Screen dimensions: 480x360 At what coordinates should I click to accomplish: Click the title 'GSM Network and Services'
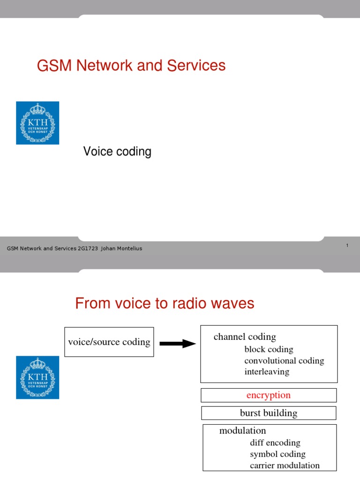click(131, 66)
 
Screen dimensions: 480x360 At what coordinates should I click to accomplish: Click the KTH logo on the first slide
click(37, 123)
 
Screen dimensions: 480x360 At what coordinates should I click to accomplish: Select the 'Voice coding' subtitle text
click(117, 152)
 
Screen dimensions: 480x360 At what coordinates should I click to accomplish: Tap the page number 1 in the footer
click(347, 246)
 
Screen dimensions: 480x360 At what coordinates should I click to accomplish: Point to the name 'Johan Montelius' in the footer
click(121, 248)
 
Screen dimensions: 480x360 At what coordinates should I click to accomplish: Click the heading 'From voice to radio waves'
click(165, 304)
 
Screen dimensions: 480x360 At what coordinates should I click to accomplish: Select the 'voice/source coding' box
click(109, 342)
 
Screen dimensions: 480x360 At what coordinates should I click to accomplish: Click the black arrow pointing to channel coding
click(177, 344)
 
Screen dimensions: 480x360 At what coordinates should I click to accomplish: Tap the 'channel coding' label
click(245, 337)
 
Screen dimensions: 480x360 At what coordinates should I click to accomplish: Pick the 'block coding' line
click(269, 349)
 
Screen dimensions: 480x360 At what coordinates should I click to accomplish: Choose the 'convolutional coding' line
click(284, 360)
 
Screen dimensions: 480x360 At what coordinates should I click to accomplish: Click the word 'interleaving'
click(267, 372)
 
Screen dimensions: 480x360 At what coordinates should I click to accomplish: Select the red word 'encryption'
click(269, 395)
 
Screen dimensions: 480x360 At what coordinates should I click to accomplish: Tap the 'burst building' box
click(269, 413)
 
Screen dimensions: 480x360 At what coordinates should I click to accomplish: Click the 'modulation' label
click(242, 430)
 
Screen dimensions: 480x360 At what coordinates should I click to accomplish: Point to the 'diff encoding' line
click(275, 442)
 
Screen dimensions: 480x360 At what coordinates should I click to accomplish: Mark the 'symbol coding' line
click(277, 454)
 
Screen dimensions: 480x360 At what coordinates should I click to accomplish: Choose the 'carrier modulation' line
click(285, 465)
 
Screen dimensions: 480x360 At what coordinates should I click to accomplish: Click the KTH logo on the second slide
click(37, 377)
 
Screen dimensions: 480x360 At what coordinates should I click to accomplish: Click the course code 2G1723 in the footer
click(89, 248)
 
